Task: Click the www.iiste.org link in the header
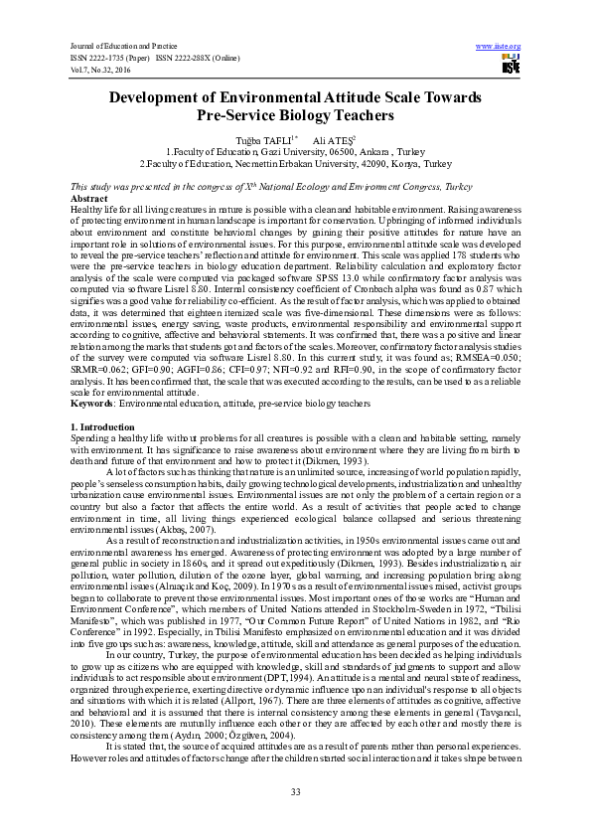click(x=499, y=46)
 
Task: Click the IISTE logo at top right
click(x=512, y=66)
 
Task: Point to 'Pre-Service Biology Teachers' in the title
click(x=295, y=115)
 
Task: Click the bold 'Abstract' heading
click(x=89, y=199)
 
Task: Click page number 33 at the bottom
click(x=295, y=790)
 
